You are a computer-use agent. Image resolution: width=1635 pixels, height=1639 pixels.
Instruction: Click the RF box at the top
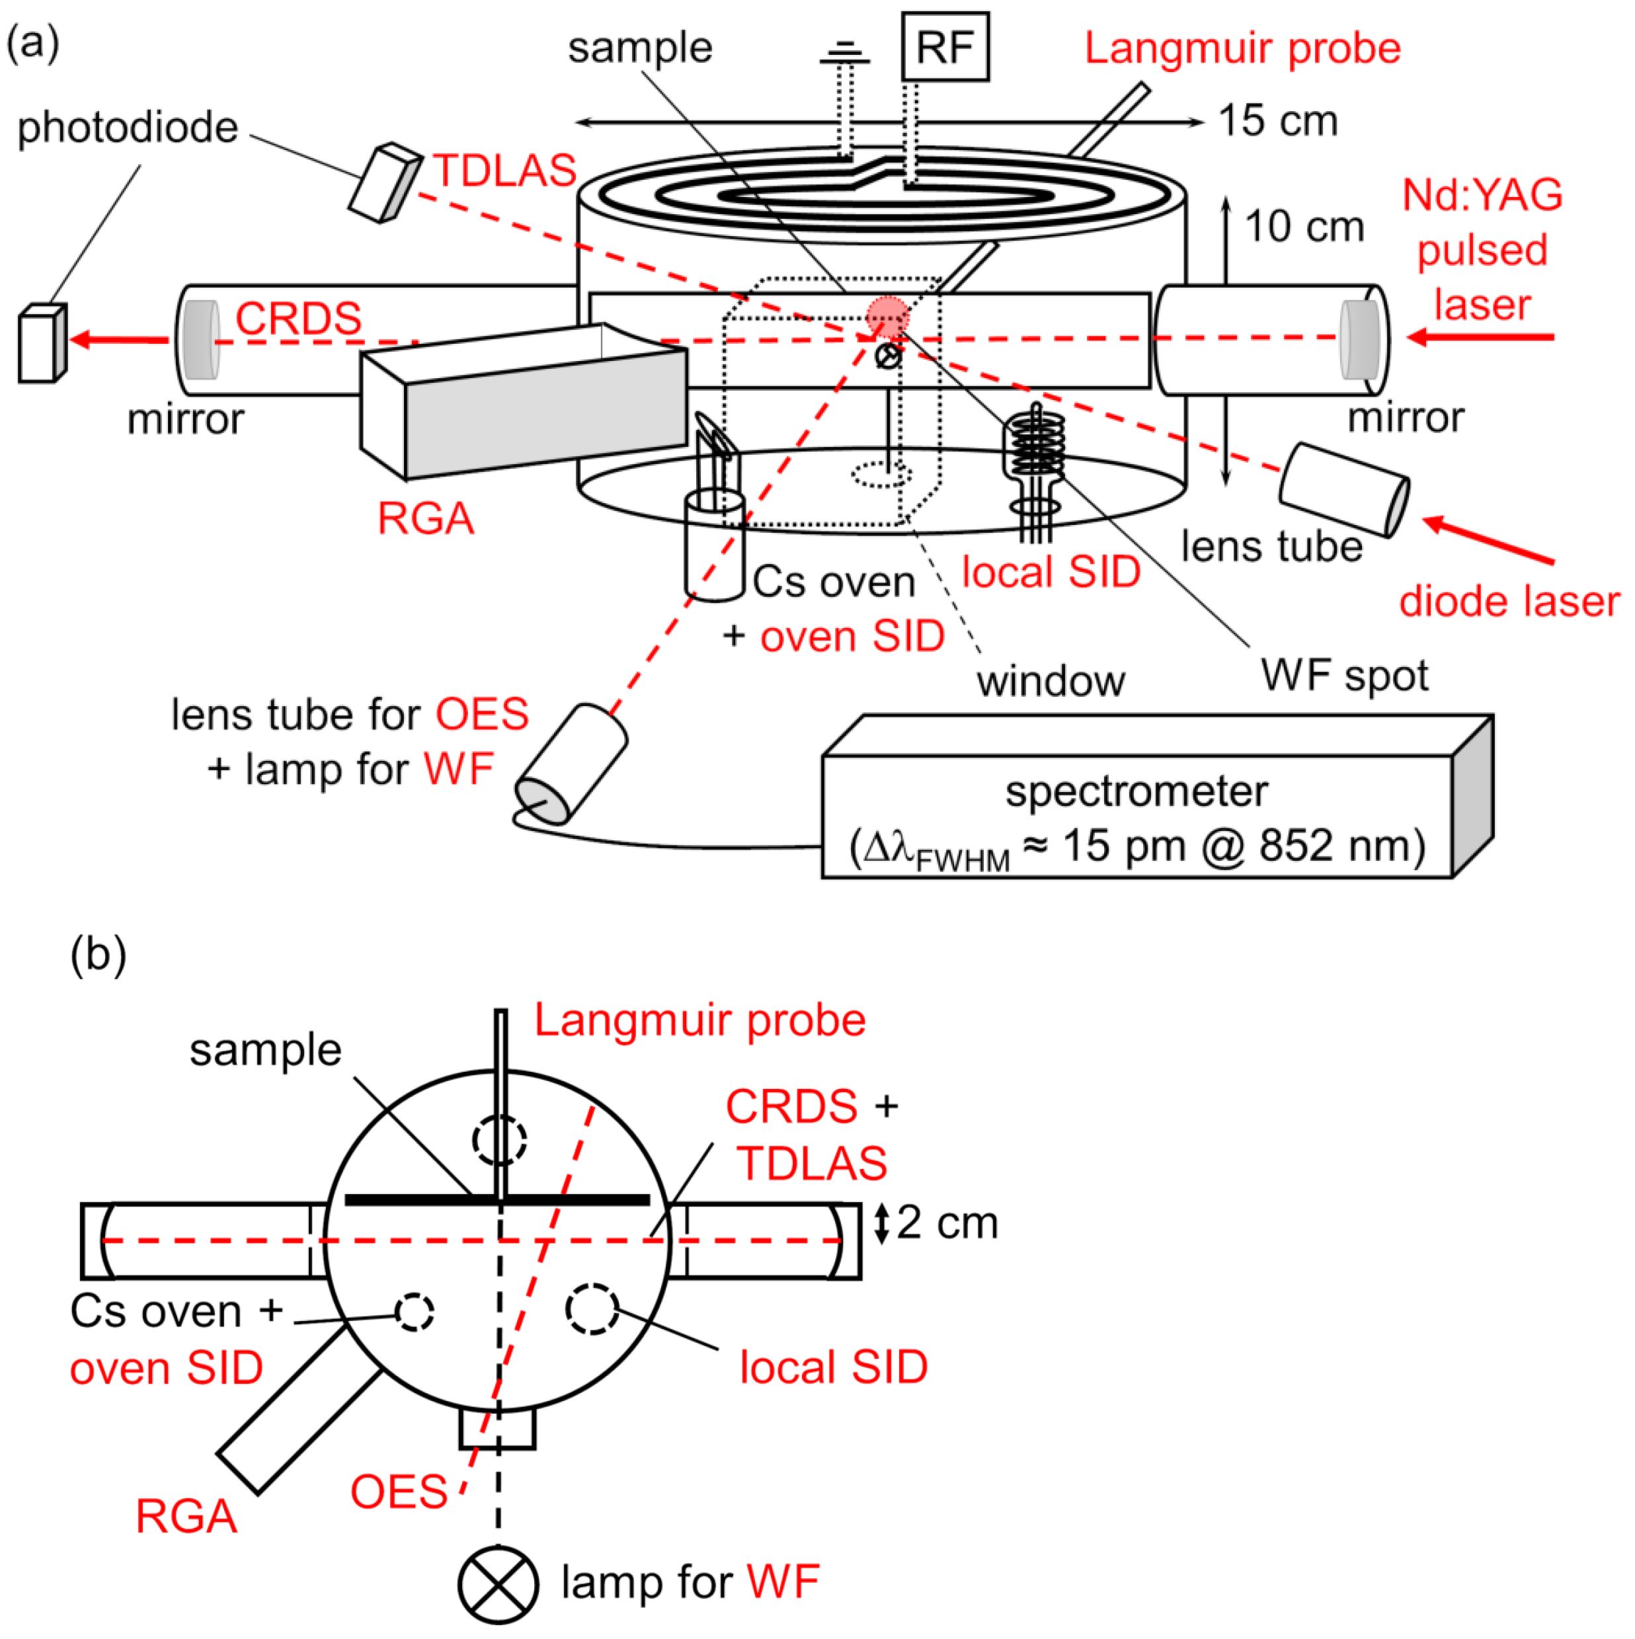tap(944, 47)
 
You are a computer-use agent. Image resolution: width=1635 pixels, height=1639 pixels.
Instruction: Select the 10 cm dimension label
tap(1304, 227)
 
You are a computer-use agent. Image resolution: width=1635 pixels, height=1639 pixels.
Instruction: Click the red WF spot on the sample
tap(887, 317)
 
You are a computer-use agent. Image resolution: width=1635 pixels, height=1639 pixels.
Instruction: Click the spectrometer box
tap(1137, 815)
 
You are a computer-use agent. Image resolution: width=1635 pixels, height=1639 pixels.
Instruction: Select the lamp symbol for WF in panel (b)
tap(498, 1585)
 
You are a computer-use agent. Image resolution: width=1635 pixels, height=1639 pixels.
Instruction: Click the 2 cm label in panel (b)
tap(947, 1222)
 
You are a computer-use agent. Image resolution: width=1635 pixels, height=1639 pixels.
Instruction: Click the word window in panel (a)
tap(1051, 681)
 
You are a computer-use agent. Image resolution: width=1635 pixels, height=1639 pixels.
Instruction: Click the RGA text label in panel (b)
tap(186, 1516)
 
